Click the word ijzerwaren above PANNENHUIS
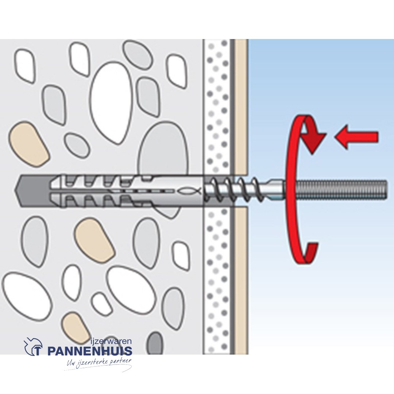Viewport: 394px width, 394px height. (x=111, y=341)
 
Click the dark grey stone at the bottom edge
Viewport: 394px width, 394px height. (x=155, y=343)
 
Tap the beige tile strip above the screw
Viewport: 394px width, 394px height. (x=240, y=106)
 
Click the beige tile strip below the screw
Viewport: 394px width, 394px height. (x=240, y=281)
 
